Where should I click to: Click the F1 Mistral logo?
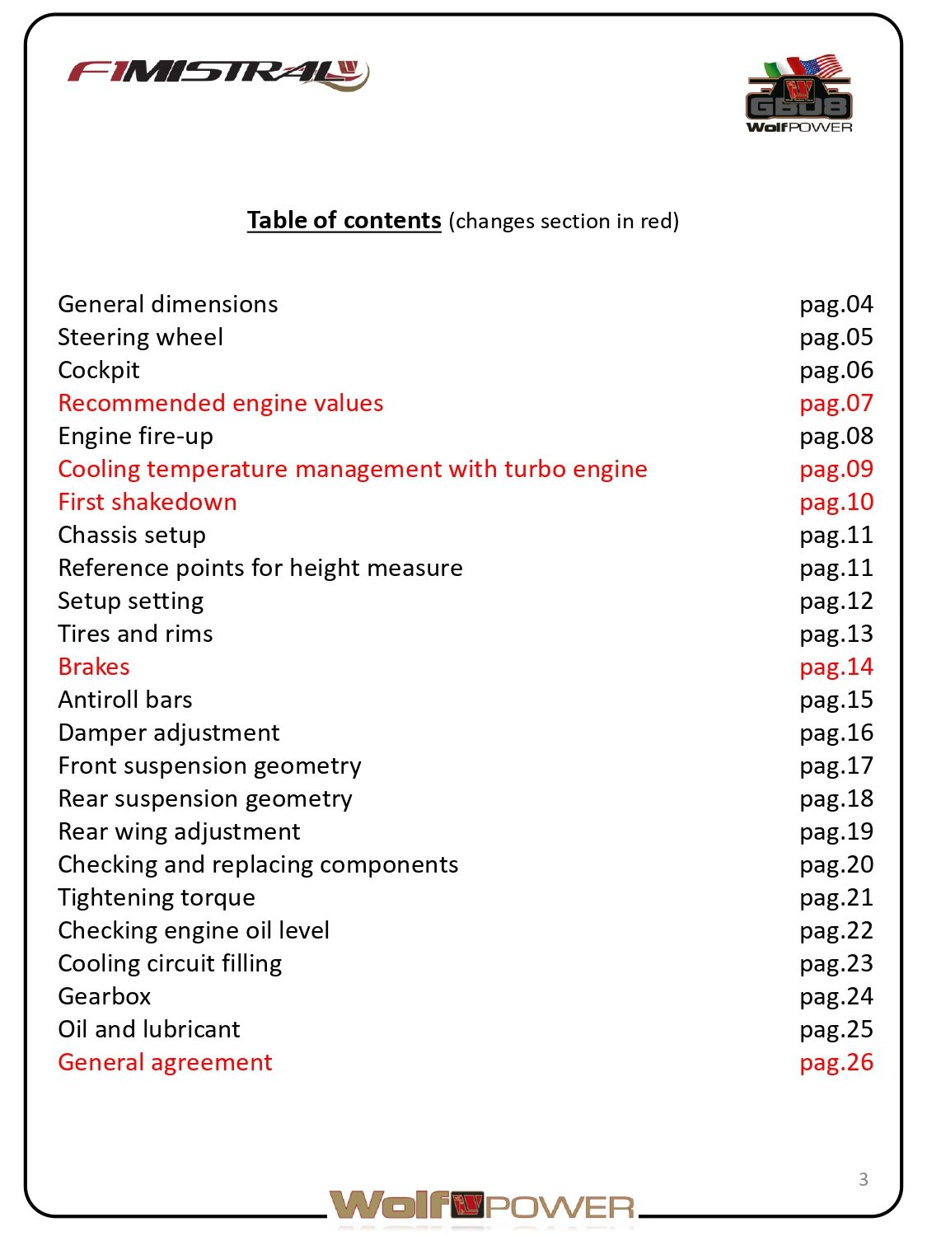(x=218, y=74)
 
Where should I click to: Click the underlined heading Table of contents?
(x=344, y=221)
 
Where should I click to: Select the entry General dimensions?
(x=168, y=304)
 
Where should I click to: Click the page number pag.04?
(x=836, y=304)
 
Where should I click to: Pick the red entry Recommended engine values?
(x=221, y=403)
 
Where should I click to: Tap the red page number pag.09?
(x=836, y=469)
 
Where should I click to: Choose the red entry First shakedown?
(x=147, y=502)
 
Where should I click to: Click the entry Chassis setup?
(x=132, y=535)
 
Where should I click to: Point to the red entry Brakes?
(x=94, y=667)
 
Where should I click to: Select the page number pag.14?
(x=836, y=667)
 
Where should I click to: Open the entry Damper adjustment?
(x=169, y=733)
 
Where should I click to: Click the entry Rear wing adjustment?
(x=180, y=831)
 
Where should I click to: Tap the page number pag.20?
(x=836, y=864)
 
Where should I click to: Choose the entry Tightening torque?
(x=157, y=897)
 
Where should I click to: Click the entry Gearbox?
(x=105, y=996)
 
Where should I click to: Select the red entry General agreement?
(x=165, y=1062)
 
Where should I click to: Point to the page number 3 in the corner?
(x=863, y=1179)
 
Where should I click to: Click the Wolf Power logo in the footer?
(x=482, y=1206)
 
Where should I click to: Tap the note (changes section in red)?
(x=564, y=222)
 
